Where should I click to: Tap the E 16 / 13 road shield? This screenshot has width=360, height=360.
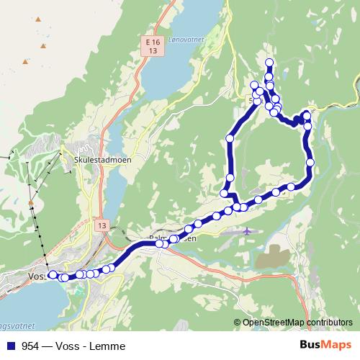coord(150,47)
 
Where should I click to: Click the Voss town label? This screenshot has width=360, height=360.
coord(36,276)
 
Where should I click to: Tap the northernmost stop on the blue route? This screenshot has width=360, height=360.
coord(269,62)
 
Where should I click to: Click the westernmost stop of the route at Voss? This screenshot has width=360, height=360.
coord(52,274)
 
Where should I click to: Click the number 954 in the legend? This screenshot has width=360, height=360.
coord(30,346)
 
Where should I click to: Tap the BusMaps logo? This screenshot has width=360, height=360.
coord(324,346)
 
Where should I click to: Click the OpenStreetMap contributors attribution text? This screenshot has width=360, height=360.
coord(297,322)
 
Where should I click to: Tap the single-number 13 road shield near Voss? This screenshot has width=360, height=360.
coord(99,225)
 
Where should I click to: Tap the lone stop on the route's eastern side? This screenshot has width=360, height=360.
coord(310,163)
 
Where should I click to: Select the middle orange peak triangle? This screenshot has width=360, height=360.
coord(43,46)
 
